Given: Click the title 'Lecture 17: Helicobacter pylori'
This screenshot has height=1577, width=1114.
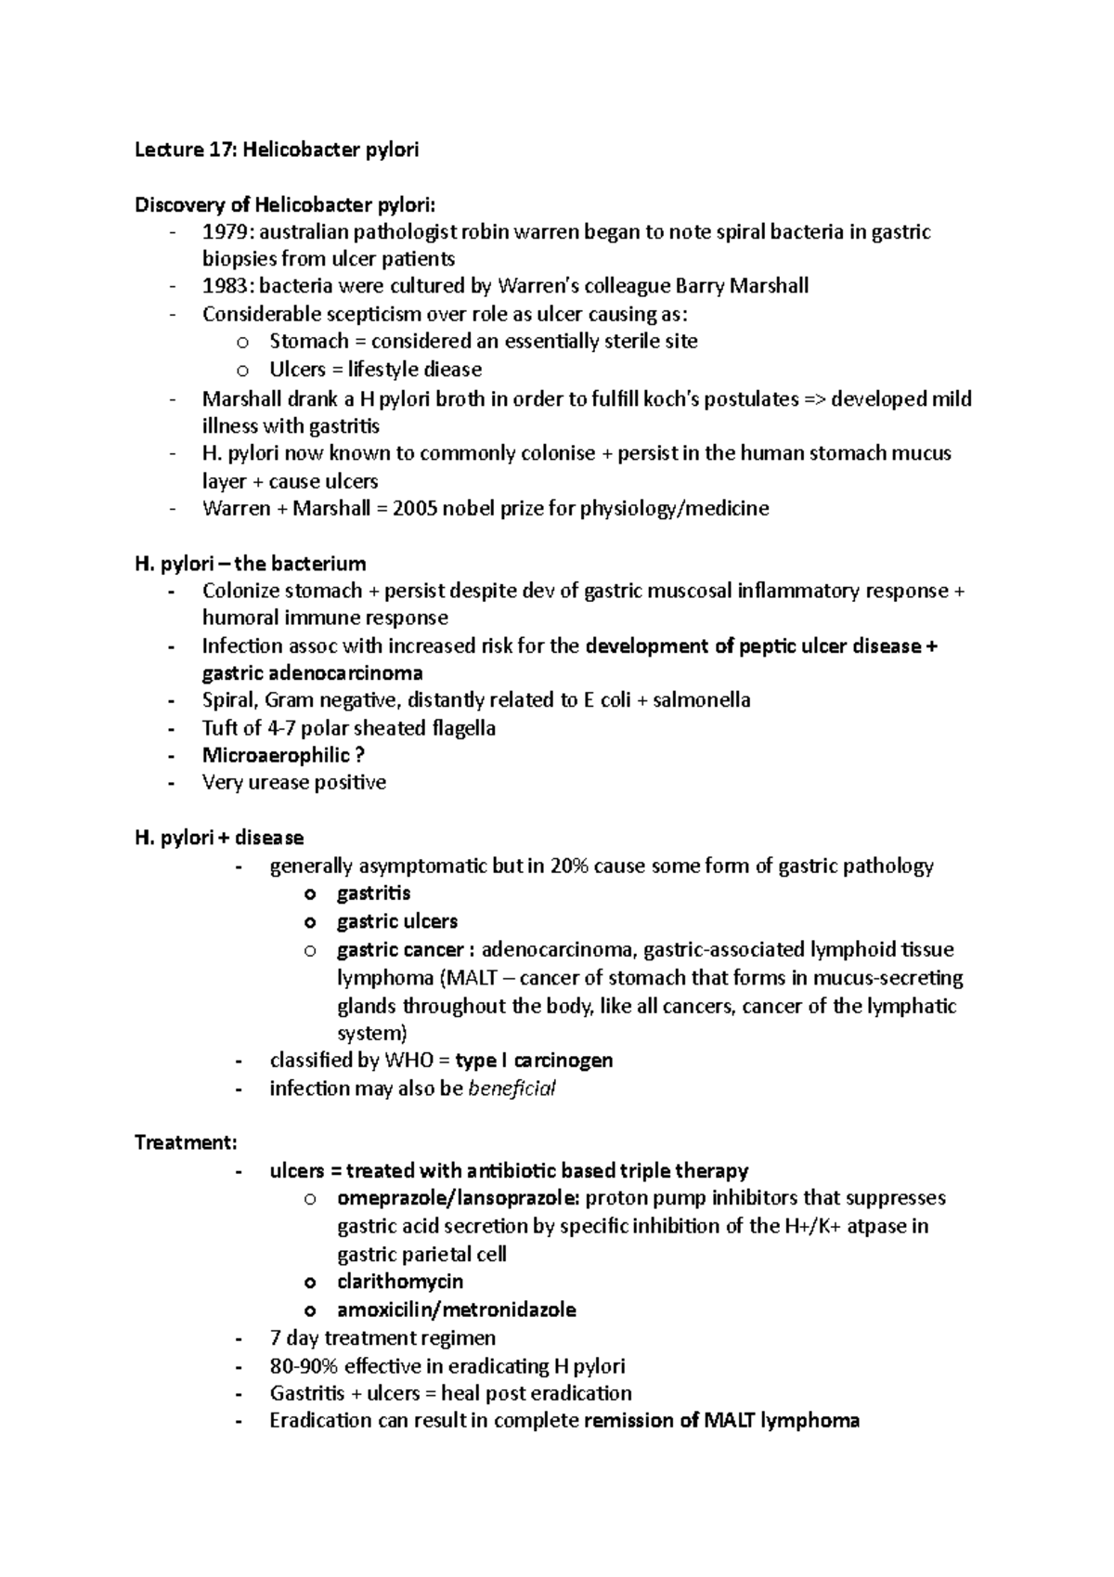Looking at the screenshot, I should coord(277,150).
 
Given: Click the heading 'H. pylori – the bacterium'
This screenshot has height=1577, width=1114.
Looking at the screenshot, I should coord(251,564).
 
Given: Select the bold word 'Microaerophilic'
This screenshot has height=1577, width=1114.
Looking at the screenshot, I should coord(276,755).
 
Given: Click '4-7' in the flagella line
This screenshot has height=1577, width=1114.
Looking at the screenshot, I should coord(280,728).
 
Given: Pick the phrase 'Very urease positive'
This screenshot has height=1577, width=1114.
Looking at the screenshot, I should coord(293,783).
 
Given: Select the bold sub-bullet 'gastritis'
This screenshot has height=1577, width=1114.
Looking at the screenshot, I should coord(373,893).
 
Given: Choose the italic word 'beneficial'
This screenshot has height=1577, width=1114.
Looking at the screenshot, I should coord(512,1088).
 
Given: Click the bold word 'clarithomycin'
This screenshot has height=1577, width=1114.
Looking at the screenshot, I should coord(400,1282).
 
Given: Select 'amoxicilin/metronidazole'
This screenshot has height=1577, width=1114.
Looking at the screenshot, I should coord(456,1310).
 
